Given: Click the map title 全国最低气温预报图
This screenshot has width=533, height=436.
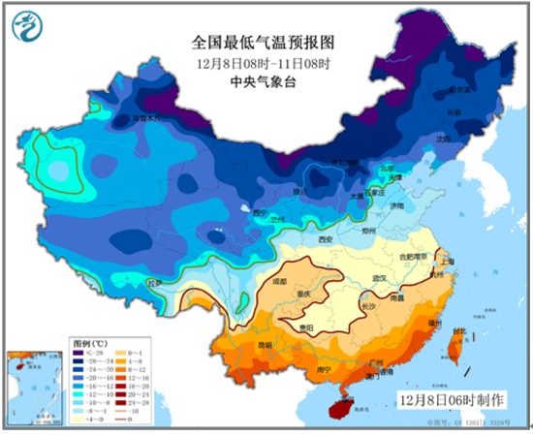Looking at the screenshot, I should coord(263,42).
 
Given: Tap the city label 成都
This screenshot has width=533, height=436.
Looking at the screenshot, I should coord(281,282).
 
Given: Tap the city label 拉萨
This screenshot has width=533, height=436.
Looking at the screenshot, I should coord(154,283).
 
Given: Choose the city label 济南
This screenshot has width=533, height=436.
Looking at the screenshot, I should coord(396,206).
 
